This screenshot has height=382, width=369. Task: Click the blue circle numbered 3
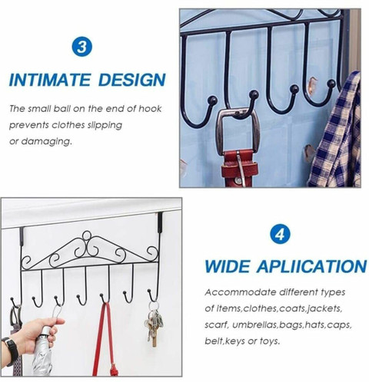(81, 47)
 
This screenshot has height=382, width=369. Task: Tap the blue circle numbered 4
(280, 234)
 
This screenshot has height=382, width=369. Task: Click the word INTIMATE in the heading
(50, 80)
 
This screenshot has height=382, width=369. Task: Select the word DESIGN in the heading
(131, 80)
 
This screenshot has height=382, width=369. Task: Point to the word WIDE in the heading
(227, 266)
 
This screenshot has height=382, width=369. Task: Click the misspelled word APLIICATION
(312, 266)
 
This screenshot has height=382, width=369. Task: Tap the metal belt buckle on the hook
(238, 132)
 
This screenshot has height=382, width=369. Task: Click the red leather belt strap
(239, 168)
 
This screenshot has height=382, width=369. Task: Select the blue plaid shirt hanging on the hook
(334, 132)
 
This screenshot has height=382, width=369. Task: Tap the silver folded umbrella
(43, 351)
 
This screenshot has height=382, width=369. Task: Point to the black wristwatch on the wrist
(11, 351)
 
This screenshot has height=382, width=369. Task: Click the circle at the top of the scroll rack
(87, 235)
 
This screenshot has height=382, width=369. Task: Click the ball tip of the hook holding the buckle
(254, 94)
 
